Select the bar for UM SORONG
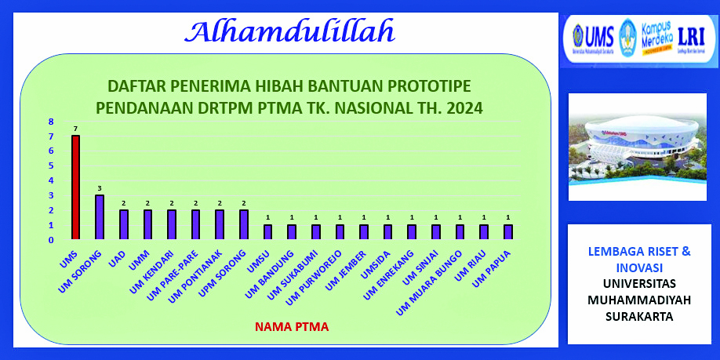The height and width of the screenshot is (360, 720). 100,216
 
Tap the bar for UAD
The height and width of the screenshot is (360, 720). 123,224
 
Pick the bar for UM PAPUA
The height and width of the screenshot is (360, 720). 507,231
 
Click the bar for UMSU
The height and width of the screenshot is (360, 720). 267,231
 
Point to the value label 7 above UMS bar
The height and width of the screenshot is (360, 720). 75,129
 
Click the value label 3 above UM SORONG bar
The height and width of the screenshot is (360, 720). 100,188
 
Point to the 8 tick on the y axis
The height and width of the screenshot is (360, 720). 51,122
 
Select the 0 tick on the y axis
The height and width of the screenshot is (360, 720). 51,239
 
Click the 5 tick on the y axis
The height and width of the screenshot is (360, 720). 51,165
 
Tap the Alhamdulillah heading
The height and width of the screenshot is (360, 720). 289,31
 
